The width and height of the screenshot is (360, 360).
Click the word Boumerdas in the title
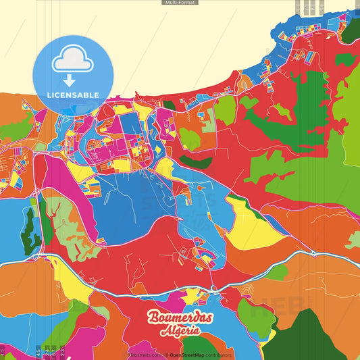tap(179, 318)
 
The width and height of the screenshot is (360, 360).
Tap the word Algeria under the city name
tap(180, 331)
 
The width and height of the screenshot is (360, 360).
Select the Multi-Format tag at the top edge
tap(180, 3)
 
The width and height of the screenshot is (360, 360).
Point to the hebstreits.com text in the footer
tap(144, 355)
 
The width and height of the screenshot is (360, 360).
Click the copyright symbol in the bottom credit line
tap(166, 355)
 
